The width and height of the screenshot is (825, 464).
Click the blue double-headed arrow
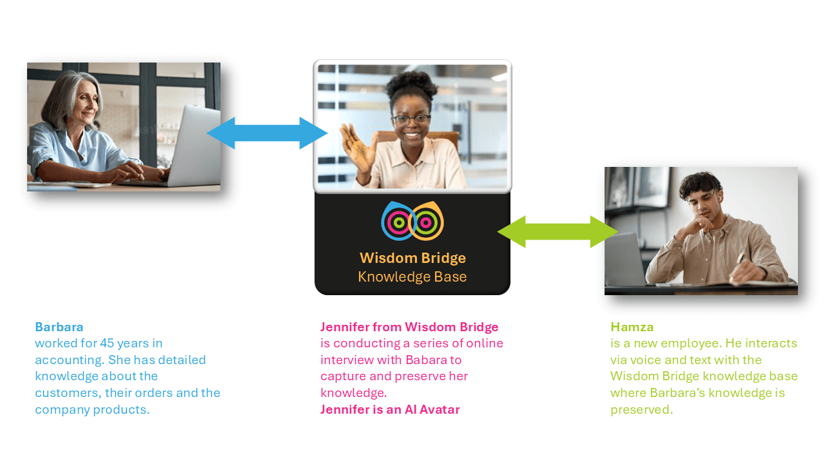coord(267,133)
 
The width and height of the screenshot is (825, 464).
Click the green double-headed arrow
coord(558,231)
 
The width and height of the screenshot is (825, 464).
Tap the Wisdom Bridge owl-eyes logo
coord(412,221)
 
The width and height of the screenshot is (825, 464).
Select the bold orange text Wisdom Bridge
coord(412,258)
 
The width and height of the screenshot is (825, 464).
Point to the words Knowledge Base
coord(412,276)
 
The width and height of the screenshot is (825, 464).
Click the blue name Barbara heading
coord(59,327)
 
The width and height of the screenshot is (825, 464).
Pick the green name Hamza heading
coord(632,327)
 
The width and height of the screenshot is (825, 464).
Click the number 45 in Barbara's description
coord(107,343)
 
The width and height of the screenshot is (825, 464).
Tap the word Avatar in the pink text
coord(440,409)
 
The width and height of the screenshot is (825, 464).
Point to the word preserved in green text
coord(641,410)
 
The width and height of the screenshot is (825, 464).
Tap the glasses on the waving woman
coord(411,119)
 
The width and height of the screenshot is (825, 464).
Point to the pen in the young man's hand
coord(740,258)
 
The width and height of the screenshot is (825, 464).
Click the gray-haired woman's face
coord(86,104)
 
